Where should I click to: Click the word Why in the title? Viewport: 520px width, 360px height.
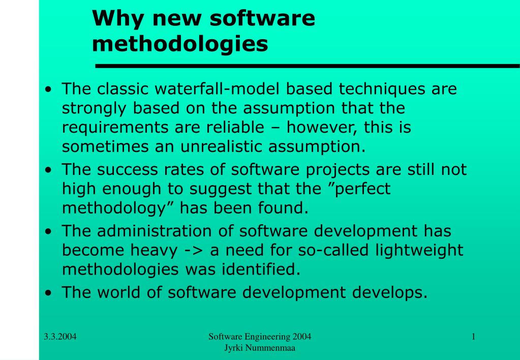[118, 18]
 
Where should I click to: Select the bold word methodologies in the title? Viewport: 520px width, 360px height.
[180, 44]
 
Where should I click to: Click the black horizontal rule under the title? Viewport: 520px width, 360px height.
[308, 66]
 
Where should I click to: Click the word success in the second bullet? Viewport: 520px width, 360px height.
[128, 169]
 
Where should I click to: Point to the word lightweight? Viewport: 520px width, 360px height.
[419, 251]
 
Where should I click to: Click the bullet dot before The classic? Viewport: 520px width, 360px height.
[49, 89]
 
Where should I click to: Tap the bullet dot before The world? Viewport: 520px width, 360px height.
[49, 293]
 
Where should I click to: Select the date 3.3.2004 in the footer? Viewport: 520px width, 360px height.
[60, 337]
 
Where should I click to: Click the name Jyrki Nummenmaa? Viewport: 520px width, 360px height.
[260, 348]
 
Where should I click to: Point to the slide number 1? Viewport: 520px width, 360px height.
[474, 337]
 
